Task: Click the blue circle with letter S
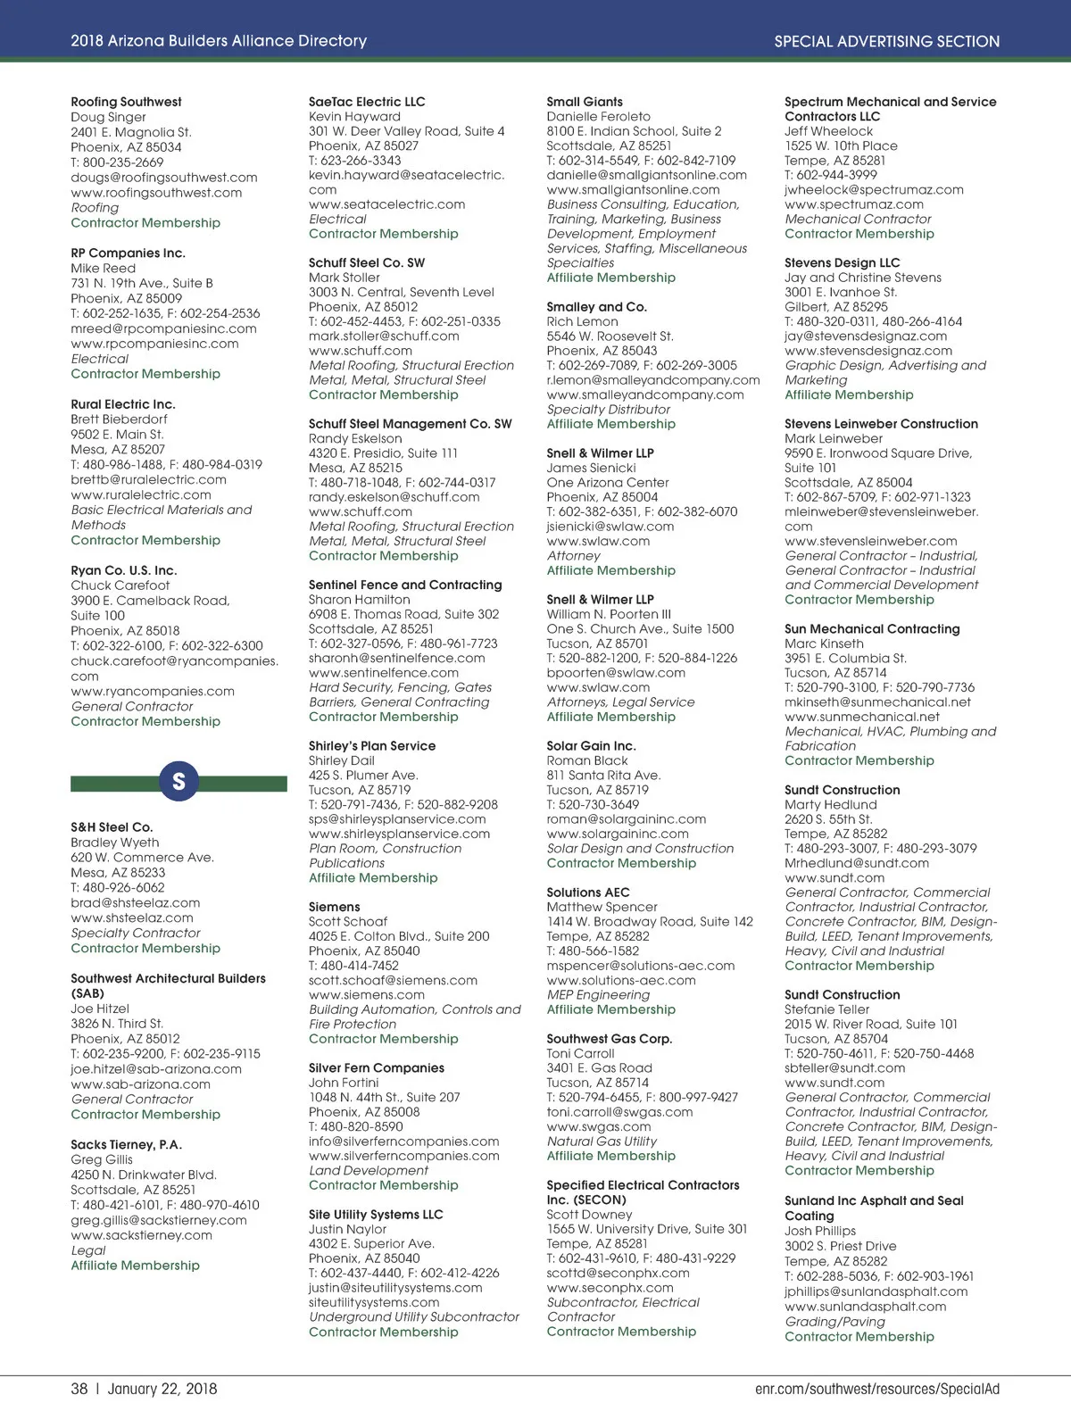pyautogui.click(x=178, y=782)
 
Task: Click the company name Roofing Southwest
pyautogui.click(x=126, y=102)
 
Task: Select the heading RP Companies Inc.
pyautogui.click(x=128, y=253)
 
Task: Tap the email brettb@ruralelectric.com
pyautogui.click(x=148, y=479)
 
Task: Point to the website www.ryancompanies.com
pyautogui.click(x=153, y=691)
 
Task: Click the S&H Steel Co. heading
pyautogui.click(x=112, y=827)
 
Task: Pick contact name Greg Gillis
pyautogui.click(x=102, y=1159)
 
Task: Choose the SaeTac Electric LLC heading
pyautogui.click(x=367, y=102)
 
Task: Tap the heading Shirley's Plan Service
pyautogui.click(x=372, y=746)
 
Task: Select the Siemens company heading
pyautogui.click(x=335, y=907)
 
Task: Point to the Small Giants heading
pyautogui.click(x=585, y=102)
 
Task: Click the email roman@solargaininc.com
pyautogui.click(x=626, y=819)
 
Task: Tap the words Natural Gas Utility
pyautogui.click(x=602, y=1142)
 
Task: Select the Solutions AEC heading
pyautogui.click(x=588, y=892)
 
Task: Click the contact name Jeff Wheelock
pyautogui.click(x=828, y=131)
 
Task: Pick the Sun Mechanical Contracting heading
pyautogui.click(x=872, y=629)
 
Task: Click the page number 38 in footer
pyautogui.click(x=79, y=1390)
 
